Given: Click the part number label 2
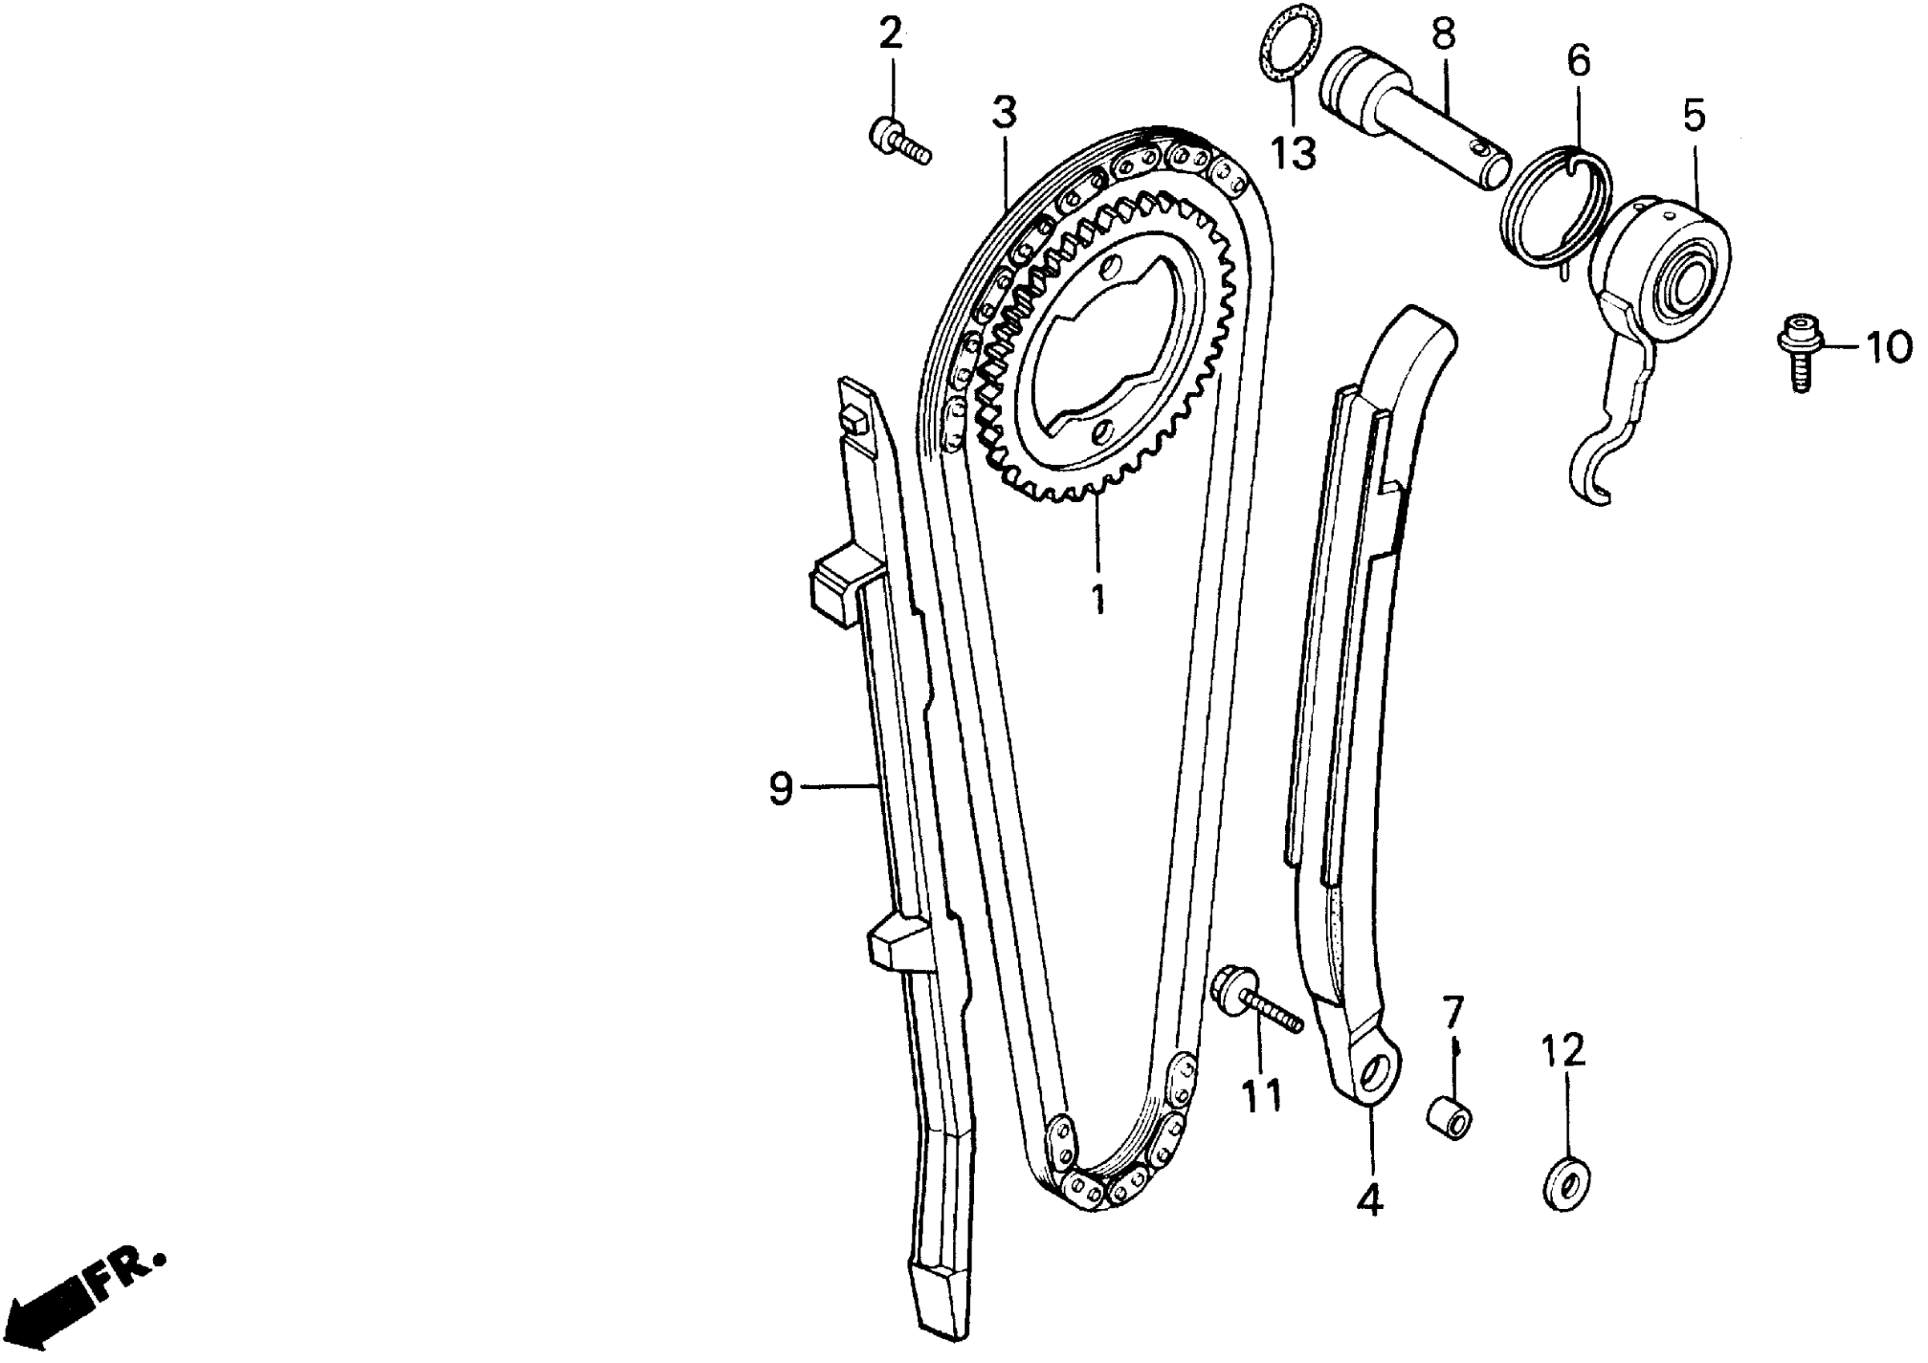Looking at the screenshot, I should tap(891, 34).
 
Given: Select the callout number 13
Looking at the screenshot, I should tap(1293, 153).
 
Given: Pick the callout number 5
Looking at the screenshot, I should tap(1695, 116).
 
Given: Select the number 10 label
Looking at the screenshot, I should tap(1889, 346).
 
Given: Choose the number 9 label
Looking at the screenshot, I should tap(781, 790).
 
